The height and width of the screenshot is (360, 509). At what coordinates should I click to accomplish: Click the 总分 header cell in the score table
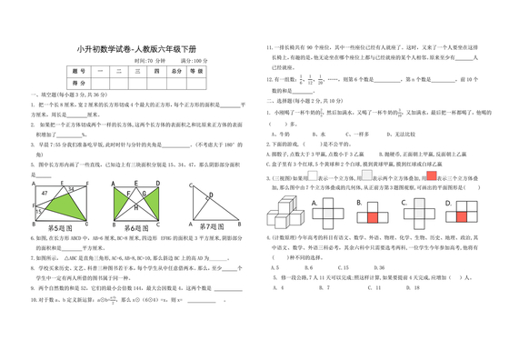(x=175, y=69)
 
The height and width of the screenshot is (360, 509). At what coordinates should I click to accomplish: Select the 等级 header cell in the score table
(x=199, y=69)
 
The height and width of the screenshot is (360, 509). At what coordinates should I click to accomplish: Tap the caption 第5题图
(x=61, y=225)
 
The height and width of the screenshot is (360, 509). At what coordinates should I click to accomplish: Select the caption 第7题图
(x=210, y=225)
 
